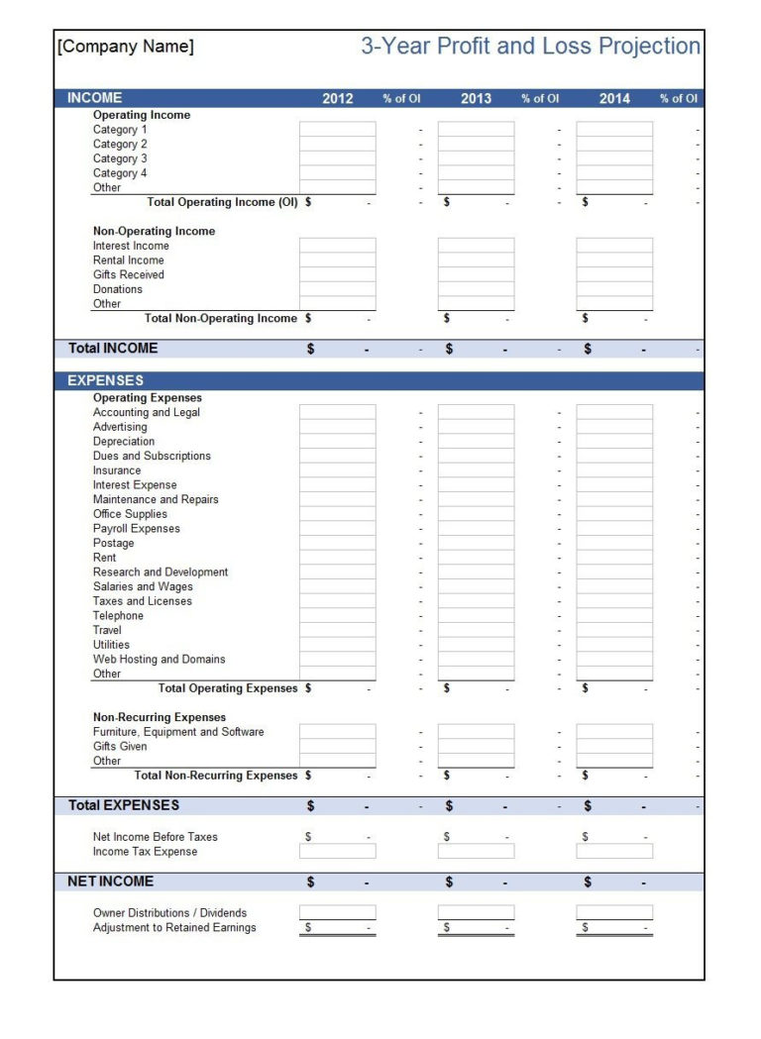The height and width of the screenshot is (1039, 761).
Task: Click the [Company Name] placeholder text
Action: tap(126, 47)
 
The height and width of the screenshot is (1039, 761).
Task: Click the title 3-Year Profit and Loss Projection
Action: tap(530, 47)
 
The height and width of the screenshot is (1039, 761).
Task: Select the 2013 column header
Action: tap(476, 98)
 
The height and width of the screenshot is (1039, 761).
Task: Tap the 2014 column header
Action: tap(614, 98)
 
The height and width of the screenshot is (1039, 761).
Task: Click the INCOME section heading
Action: tap(95, 98)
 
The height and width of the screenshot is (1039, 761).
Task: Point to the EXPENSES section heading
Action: tap(105, 380)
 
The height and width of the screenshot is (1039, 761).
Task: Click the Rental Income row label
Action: tap(129, 260)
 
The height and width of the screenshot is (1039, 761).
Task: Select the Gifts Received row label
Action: tap(129, 274)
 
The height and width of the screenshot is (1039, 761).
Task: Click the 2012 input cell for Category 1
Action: tap(338, 130)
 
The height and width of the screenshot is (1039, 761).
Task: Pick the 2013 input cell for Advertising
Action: tap(477, 427)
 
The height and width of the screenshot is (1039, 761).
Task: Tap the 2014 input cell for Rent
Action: tap(614, 558)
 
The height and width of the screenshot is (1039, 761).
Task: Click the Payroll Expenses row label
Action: tap(137, 529)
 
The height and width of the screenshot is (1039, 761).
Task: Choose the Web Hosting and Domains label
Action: tap(160, 659)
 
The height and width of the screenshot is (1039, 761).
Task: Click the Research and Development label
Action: tap(161, 572)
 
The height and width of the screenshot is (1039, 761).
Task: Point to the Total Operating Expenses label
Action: tap(228, 688)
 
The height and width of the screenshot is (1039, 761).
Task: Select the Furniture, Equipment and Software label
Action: tap(178, 732)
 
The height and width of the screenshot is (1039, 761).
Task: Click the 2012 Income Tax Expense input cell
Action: tap(338, 852)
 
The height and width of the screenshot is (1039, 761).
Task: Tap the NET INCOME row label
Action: tap(111, 882)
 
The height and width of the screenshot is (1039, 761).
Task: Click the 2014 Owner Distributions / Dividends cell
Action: tap(614, 912)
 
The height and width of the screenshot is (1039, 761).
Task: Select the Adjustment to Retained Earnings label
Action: tap(174, 928)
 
